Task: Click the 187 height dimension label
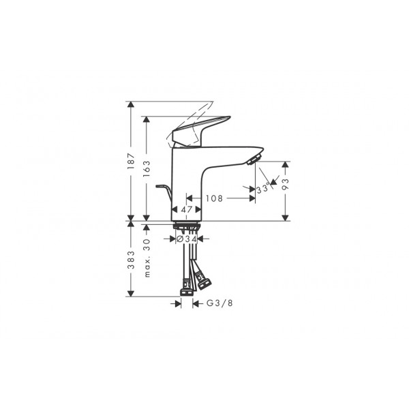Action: pos(131,161)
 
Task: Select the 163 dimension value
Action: pos(147,168)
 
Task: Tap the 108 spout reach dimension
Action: pos(214,198)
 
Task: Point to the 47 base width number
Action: pos(187,209)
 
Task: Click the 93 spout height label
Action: pos(286,184)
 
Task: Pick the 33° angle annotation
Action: pos(262,188)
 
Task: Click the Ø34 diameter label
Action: pos(187,239)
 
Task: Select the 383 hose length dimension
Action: pos(131,260)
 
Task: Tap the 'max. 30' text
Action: pos(147,258)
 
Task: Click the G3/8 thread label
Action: pos(219,303)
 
